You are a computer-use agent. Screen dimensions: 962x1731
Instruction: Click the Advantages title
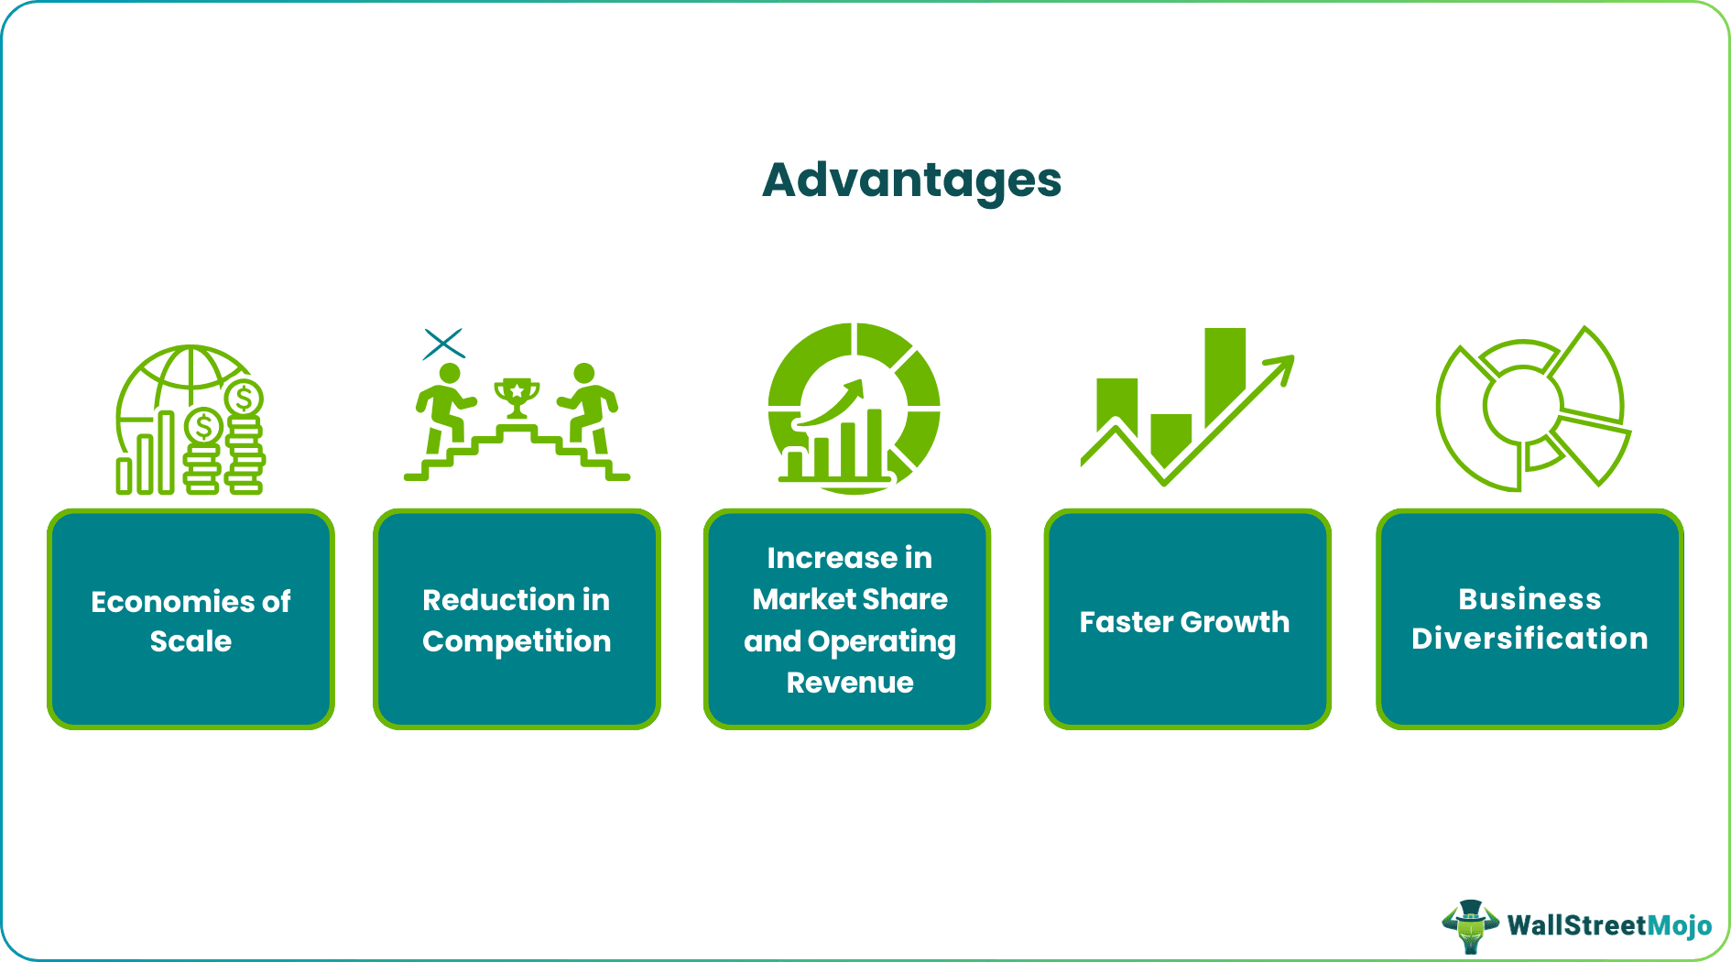911,180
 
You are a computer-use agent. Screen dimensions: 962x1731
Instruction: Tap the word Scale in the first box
191,641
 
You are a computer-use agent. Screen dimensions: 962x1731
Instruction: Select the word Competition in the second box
517,641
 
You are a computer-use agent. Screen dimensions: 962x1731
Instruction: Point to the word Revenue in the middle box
850,683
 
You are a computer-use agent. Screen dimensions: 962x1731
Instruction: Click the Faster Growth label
1184,622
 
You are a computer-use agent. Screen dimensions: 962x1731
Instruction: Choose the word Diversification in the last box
1530,639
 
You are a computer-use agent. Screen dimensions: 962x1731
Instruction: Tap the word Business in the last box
1530,599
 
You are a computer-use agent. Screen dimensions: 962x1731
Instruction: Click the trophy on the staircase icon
517,397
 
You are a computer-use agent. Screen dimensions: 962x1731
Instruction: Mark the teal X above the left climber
444,344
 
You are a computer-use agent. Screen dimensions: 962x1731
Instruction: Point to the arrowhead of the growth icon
1282,366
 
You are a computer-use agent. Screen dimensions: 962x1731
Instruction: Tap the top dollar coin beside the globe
244,399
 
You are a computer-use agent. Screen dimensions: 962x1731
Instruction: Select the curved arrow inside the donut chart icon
833,403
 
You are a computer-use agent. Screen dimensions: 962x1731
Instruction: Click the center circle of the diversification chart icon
1521,405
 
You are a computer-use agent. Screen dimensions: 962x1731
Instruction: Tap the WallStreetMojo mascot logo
1469,925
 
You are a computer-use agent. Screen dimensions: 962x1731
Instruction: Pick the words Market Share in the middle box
850,599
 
